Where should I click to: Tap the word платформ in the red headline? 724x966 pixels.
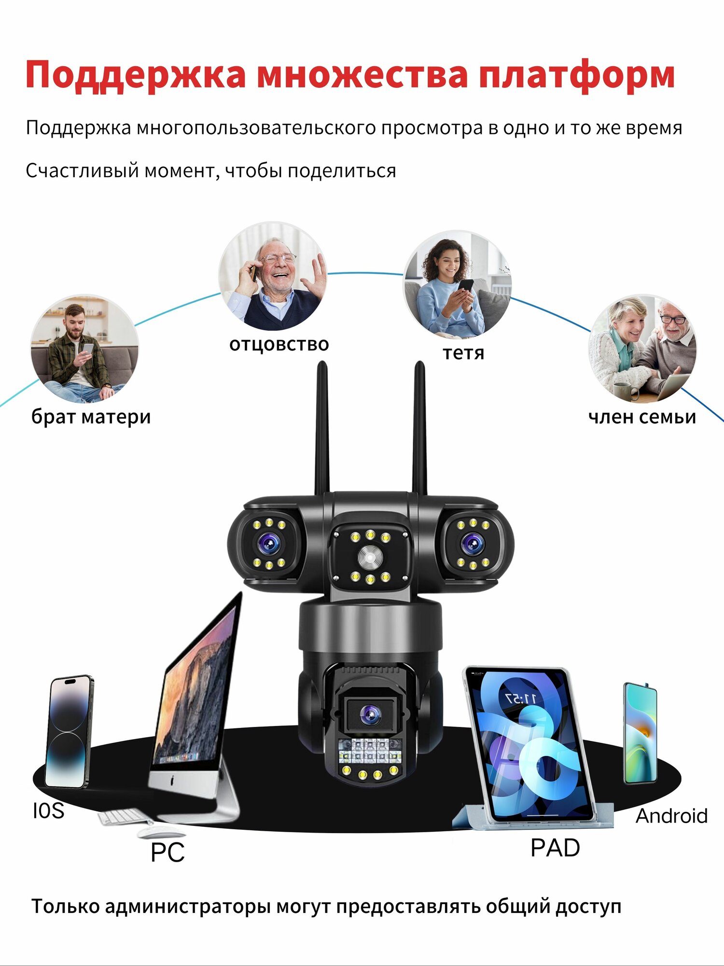tap(576, 75)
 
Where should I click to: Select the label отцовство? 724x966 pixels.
tap(279, 344)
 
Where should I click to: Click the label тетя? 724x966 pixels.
tap(463, 353)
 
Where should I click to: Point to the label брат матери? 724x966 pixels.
tap(91, 417)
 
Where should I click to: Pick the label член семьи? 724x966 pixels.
tap(642, 417)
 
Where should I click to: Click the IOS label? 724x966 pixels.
tap(48, 811)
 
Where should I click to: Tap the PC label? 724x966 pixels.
tap(167, 852)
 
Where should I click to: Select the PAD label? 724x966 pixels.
tap(555, 848)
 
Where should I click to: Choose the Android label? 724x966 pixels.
tap(671, 816)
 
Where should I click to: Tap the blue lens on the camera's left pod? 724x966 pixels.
tap(268, 545)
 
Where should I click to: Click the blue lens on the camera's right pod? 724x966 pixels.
tap(472, 545)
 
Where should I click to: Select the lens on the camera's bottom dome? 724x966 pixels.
tap(370, 713)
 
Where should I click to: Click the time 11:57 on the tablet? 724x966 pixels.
tap(520, 698)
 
